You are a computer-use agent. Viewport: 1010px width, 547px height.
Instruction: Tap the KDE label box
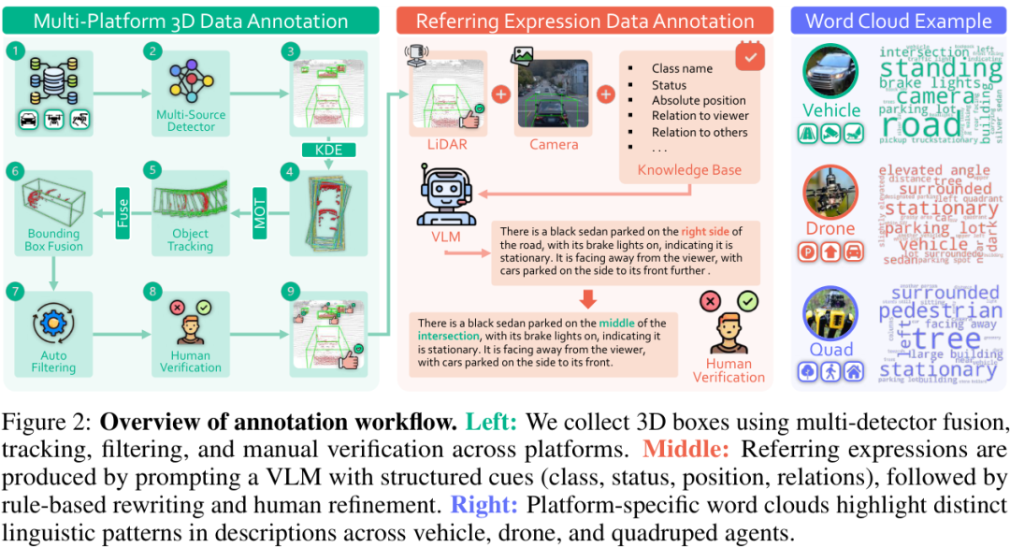(x=328, y=150)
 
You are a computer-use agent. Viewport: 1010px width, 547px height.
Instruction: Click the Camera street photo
(x=554, y=94)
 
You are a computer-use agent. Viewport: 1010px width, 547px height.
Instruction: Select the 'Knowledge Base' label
(x=688, y=170)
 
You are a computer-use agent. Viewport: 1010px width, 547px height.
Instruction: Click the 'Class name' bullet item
(x=682, y=68)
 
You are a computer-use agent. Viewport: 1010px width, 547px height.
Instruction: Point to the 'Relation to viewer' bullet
(x=700, y=116)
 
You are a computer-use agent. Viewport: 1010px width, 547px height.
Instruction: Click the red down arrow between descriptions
(x=589, y=299)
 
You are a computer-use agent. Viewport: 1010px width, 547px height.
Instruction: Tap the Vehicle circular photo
(x=830, y=71)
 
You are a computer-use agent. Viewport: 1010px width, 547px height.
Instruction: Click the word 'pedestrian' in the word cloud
(x=940, y=310)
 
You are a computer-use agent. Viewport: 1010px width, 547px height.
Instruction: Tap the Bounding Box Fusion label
(x=52, y=239)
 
